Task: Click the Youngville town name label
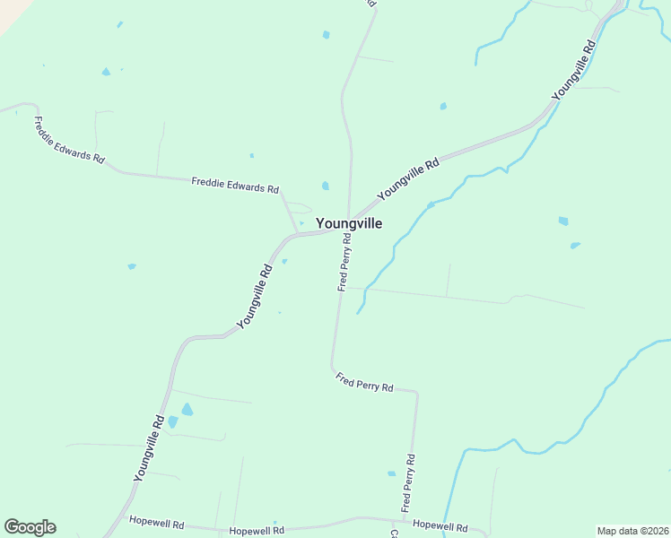[348, 224]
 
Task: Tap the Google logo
[30, 527]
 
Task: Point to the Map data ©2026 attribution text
[632, 531]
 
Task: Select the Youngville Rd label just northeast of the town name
[409, 178]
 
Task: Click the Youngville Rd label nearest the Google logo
[149, 448]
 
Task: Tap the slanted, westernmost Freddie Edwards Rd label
[69, 139]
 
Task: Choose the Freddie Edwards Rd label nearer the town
[235, 186]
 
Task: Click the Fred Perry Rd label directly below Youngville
[344, 263]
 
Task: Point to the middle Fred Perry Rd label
[364, 383]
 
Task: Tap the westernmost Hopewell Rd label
[156, 522]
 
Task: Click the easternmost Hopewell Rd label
[441, 528]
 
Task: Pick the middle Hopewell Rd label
[257, 531]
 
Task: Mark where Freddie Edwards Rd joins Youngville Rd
[297, 235]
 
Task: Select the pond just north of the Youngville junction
[326, 186]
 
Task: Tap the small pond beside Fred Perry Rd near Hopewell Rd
[391, 473]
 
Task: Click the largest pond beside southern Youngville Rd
[187, 410]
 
